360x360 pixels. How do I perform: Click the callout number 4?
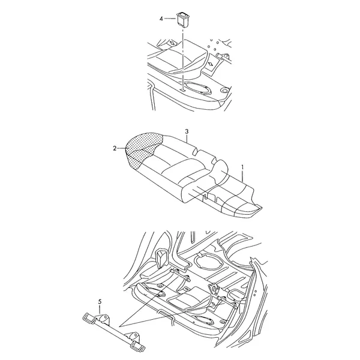(x=161, y=19)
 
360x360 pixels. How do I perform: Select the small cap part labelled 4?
(x=183, y=20)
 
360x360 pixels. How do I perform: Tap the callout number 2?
(x=115, y=149)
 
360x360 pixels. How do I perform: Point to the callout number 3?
(x=187, y=131)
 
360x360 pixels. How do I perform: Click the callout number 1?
(x=242, y=167)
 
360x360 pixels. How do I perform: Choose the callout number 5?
(x=100, y=302)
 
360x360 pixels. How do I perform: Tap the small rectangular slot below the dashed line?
(x=182, y=91)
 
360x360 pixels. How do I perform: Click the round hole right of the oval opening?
(x=225, y=89)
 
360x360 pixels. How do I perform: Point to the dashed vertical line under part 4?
(x=183, y=58)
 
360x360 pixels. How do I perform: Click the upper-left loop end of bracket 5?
(x=88, y=317)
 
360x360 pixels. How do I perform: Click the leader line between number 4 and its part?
(x=170, y=19)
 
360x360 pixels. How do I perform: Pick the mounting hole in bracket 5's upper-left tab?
(x=105, y=319)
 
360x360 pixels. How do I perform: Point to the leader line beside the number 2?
(x=122, y=149)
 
